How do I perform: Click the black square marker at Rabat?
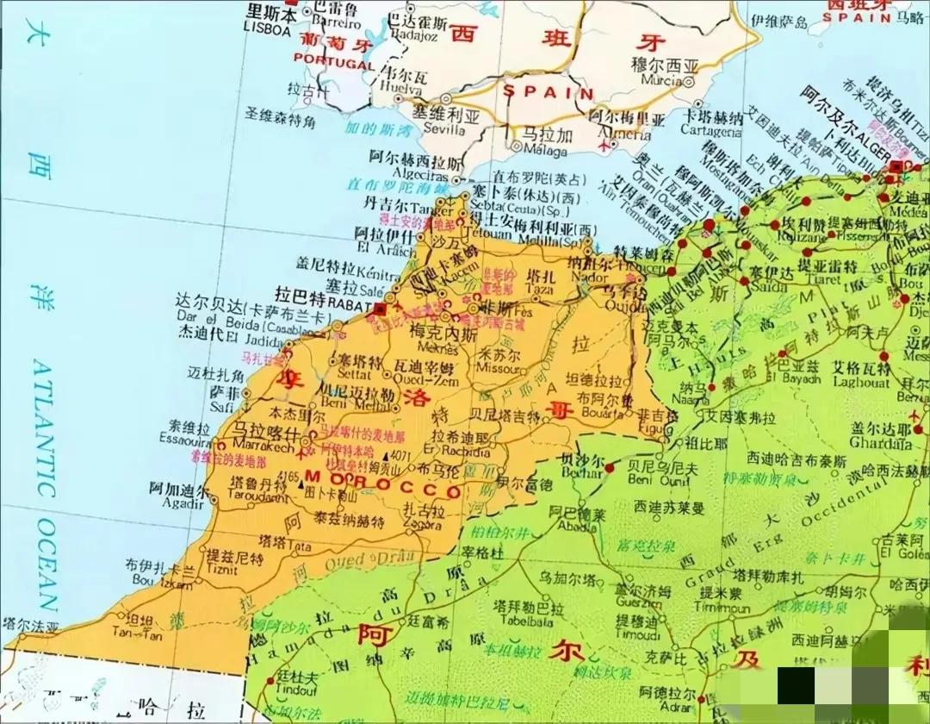point(380,308)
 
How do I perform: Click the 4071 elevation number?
point(400,455)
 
